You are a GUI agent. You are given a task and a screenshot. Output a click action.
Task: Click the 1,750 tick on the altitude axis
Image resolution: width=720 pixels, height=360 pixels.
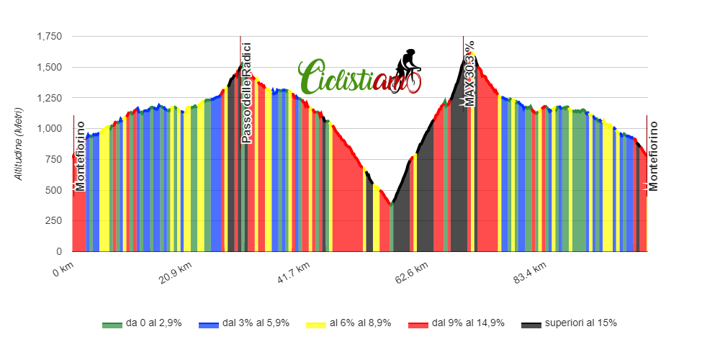click(x=50, y=37)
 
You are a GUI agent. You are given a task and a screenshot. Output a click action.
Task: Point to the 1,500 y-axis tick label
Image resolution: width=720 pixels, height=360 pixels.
click(x=50, y=68)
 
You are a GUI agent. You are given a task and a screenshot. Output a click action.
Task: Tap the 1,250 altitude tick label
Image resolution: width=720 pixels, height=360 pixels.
click(x=50, y=98)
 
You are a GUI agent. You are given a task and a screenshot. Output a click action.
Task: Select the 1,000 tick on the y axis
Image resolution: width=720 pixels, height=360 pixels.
click(x=50, y=129)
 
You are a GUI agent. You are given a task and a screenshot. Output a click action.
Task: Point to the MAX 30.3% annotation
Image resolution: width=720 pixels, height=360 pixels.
click(x=470, y=73)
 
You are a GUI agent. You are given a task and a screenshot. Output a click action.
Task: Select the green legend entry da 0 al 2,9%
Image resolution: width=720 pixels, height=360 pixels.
click(x=142, y=323)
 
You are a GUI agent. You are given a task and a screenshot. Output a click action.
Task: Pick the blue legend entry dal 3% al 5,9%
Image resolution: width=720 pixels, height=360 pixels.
click(x=244, y=323)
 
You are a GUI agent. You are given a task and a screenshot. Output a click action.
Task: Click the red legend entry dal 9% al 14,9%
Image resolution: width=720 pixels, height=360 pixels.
click(x=456, y=323)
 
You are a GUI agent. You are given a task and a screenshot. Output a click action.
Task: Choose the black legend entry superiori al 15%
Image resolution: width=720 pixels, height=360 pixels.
click(x=569, y=323)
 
